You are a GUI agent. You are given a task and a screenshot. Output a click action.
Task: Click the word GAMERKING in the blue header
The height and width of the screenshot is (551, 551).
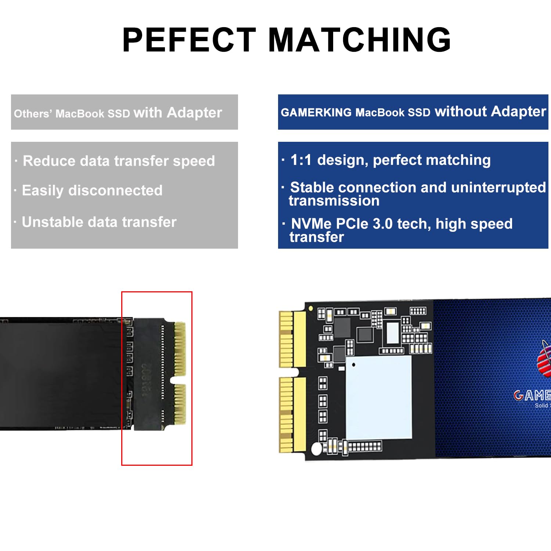click(x=316, y=112)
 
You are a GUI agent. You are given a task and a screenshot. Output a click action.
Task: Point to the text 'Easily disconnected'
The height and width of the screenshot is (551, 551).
click(x=92, y=191)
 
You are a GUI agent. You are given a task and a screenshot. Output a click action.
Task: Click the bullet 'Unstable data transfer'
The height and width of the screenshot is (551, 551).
click(x=99, y=222)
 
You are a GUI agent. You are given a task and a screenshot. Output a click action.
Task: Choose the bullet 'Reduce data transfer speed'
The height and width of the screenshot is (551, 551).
click(x=119, y=161)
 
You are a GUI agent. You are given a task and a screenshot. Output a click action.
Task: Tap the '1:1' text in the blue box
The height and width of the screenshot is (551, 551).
click(x=301, y=160)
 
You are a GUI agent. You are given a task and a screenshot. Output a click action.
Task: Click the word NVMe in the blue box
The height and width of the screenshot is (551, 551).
click(x=311, y=224)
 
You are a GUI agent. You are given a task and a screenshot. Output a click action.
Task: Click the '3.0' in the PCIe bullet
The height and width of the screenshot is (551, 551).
click(x=382, y=224)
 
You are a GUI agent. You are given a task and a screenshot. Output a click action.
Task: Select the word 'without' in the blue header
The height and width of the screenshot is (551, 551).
click(x=461, y=111)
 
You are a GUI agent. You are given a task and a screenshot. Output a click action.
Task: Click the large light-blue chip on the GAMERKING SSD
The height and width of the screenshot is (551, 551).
click(x=378, y=397)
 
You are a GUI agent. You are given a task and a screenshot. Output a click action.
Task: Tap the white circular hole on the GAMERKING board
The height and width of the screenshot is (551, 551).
click(x=317, y=449)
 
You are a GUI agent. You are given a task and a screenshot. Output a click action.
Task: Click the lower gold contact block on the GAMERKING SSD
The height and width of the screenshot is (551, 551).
click(x=292, y=415)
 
